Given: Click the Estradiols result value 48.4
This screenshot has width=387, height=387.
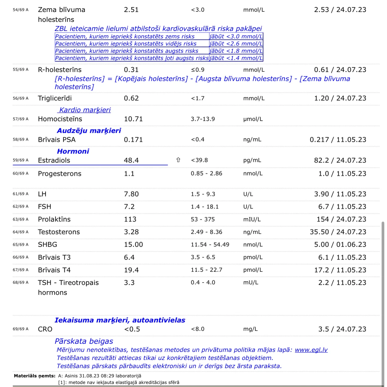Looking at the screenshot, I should (x=131, y=160).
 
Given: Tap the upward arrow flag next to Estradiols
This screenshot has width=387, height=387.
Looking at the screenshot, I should (x=178, y=160).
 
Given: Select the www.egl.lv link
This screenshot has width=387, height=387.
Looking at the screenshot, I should (x=311, y=350).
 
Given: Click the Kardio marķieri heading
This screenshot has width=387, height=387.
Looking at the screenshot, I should (x=85, y=110).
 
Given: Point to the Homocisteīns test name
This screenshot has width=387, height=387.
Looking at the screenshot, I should (x=60, y=119).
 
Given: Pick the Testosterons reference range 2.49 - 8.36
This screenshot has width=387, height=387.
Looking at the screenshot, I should (x=206, y=232).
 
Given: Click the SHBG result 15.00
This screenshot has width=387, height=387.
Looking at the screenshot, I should (x=133, y=244).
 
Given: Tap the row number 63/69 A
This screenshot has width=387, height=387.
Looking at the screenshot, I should (x=20, y=219).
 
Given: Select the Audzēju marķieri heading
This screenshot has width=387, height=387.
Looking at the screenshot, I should (x=89, y=130).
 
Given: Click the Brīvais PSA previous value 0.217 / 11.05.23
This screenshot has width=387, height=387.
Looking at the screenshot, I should (x=338, y=139).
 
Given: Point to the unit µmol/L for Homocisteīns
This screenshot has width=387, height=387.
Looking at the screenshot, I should (x=253, y=119).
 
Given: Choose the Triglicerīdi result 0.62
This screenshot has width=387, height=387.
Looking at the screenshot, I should (x=131, y=98).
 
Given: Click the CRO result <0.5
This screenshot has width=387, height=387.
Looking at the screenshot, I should (x=132, y=329).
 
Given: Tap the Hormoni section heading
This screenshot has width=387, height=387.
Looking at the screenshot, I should (x=73, y=151).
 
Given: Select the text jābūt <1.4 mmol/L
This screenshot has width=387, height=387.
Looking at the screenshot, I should (x=236, y=58).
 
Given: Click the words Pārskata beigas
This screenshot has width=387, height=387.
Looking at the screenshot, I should (x=84, y=341).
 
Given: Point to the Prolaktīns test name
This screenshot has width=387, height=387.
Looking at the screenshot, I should (x=54, y=219).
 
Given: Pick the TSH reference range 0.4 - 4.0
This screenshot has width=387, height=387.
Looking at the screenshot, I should (x=203, y=282).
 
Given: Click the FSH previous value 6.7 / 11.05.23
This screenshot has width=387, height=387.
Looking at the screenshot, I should (x=342, y=207).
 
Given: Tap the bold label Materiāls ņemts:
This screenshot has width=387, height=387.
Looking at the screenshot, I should (x=34, y=376).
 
